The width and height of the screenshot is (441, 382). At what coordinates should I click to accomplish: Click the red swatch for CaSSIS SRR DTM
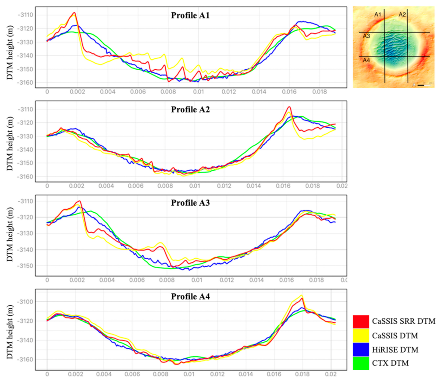point(361,322)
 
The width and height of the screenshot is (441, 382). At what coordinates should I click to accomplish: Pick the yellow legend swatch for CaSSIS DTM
point(361,336)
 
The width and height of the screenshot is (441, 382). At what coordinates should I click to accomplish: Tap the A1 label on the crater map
point(377,15)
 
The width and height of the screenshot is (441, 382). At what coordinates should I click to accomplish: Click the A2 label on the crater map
point(402,15)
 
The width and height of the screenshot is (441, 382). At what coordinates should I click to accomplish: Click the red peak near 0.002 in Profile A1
point(75,13)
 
